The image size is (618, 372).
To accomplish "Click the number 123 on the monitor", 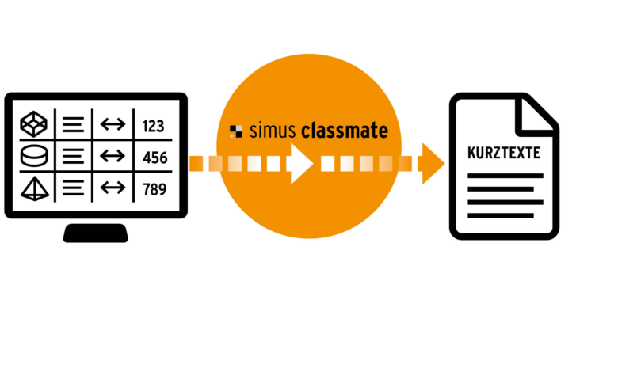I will pos(154,126).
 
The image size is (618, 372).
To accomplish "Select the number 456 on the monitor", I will pos(154,158).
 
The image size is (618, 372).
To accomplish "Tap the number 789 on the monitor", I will pos(154,189).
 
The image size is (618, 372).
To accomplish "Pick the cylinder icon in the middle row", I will pos(34,156).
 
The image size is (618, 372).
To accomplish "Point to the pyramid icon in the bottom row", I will pos(34,188).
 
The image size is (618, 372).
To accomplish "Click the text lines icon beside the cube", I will pos(73,125).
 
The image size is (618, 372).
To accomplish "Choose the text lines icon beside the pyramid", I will pos(73,188).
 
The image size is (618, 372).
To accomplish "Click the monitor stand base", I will pos(95,233).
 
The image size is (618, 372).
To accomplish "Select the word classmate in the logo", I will pos(345,131).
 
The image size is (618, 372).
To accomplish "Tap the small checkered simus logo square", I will pos(235,131).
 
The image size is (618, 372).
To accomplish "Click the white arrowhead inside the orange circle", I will pos(301,164).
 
